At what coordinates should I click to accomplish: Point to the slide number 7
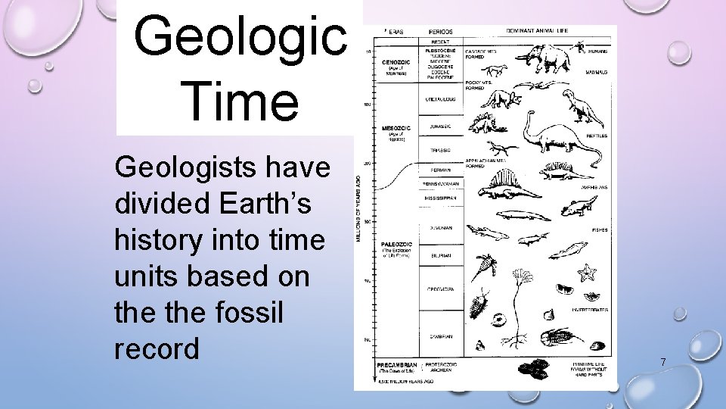click(662, 362)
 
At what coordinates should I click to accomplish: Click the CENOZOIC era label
click(396, 62)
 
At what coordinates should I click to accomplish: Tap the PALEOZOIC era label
click(396, 245)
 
